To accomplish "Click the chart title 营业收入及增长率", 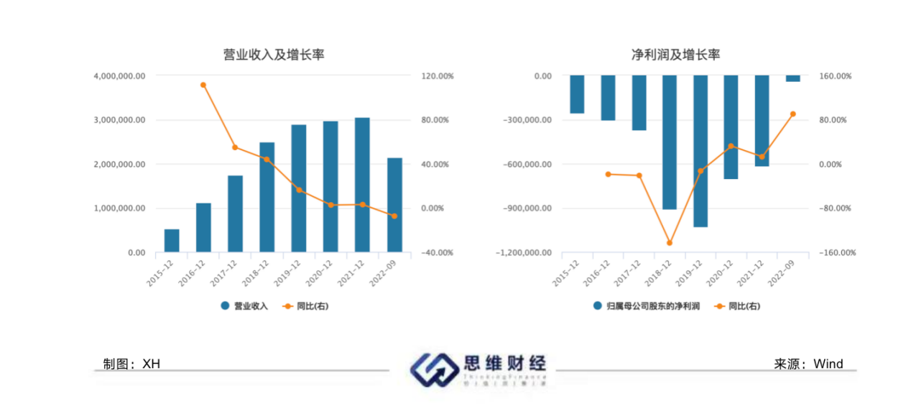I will (274, 55).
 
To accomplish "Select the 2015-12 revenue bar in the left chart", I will (172, 241).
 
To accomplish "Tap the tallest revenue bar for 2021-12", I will (362, 185).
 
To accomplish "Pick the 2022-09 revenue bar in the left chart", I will (394, 205).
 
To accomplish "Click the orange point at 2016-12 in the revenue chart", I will (203, 85).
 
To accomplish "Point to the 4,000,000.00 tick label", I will (119, 75).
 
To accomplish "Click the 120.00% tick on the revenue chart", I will (437, 75).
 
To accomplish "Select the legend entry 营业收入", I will (244, 306).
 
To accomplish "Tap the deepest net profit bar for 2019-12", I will (700, 151).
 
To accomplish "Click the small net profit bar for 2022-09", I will (792, 78).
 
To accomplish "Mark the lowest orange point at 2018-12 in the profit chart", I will (670, 243).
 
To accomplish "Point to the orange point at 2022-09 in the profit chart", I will (793, 114).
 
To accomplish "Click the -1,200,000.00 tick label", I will (522, 253).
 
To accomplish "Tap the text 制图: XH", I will (131, 364).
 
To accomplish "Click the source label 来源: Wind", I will (808, 364).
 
